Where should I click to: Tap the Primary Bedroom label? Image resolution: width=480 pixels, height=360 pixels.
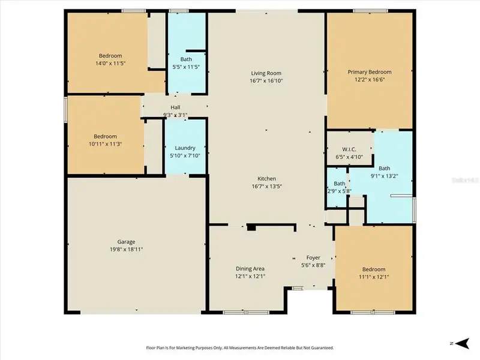pyautogui.click(x=370, y=72)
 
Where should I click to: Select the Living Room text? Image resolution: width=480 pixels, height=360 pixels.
pyautogui.click(x=266, y=72)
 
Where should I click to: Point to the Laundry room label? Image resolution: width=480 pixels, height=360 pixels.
pyautogui.click(x=185, y=148)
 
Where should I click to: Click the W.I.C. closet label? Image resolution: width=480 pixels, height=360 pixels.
pyautogui.click(x=349, y=149)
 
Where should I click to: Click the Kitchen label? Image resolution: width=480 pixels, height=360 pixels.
pyautogui.click(x=266, y=179)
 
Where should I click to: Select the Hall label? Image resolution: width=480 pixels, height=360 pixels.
pyautogui.click(x=175, y=107)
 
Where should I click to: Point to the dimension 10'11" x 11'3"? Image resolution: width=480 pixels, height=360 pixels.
pyautogui.click(x=105, y=143)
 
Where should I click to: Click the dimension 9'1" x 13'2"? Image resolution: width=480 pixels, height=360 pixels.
pyautogui.click(x=385, y=176)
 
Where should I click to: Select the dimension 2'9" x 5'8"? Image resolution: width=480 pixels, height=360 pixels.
pyautogui.click(x=340, y=191)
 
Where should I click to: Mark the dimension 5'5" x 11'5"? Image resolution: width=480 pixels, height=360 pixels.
pyautogui.click(x=185, y=67)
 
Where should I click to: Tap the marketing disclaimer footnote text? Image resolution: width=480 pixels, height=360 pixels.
pyautogui.click(x=240, y=347)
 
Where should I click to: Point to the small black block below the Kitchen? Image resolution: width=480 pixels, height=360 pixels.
pyautogui.click(x=252, y=228)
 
